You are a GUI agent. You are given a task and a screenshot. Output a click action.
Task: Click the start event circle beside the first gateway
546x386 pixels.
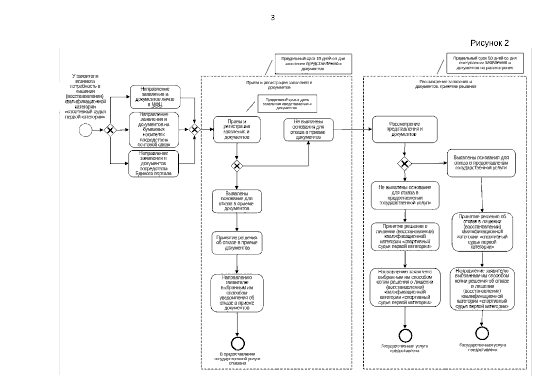click(x=85, y=130)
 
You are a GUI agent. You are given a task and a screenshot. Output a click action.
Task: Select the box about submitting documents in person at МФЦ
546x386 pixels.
click(x=155, y=97)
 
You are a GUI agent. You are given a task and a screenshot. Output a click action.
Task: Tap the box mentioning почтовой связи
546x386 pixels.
click(x=154, y=130)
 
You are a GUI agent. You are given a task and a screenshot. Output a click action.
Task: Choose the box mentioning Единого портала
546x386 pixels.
click(x=154, y=163)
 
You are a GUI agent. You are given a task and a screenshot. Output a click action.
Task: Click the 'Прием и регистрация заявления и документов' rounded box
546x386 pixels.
click(x=237, y=129)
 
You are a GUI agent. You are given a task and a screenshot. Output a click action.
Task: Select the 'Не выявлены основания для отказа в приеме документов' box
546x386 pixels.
click(x=308, y=130)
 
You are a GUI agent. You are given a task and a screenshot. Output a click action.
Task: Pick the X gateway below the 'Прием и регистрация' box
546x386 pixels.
click(x=237, y=166)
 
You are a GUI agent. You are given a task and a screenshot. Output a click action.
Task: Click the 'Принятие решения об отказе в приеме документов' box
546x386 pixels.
click(x=237, y=243)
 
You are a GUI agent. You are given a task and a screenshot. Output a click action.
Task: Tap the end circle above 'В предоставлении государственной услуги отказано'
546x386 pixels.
click(x=238, y=344)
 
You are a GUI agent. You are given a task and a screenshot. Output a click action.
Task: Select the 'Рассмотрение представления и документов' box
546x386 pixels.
click(x=405, y=129)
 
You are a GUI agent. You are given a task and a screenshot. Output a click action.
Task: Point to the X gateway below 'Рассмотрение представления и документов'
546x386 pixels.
click(x=405, y=164)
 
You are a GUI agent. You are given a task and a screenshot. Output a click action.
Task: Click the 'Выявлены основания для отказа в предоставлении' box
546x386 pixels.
click(x=481, y=163)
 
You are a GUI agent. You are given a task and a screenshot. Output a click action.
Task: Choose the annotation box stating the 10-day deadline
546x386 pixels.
click(x=313, y=63)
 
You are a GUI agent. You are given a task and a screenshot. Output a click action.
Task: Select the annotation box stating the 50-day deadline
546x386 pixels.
click(x=485, y=63)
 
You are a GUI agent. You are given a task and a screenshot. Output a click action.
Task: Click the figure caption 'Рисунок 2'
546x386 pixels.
click(x=489, y=43)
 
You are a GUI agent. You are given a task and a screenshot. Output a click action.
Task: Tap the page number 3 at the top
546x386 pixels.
click(x=273, y=18)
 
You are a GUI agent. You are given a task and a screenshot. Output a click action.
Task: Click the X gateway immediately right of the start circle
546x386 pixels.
click(x=110, y=130)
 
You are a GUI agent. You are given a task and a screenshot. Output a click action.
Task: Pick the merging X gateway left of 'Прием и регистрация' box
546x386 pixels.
click(x=194, y=130)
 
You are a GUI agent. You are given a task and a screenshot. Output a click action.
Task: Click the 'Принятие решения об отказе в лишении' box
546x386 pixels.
click(x=482, y=232)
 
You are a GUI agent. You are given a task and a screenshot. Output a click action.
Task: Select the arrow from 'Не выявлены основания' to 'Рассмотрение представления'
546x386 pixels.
click(x=353, y=130)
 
